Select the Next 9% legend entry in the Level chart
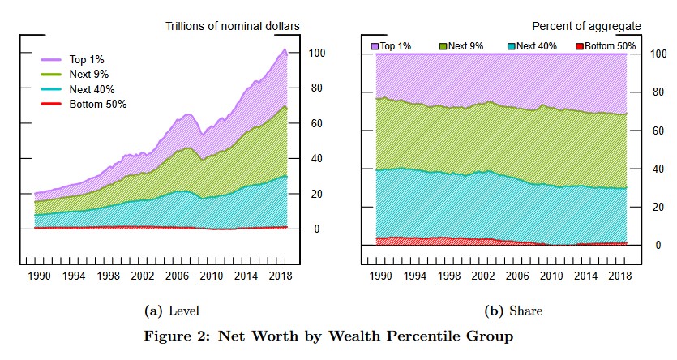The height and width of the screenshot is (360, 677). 90,75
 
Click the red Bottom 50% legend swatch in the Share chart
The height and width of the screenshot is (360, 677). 580,46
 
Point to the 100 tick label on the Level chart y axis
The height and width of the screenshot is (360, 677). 317,54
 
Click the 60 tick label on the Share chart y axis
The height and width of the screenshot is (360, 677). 658,131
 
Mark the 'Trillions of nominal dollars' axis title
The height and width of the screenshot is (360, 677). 233,27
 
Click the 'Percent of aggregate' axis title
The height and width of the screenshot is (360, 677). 586,27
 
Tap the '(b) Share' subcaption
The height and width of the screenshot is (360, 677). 502,311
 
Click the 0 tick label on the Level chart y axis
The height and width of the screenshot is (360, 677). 317,229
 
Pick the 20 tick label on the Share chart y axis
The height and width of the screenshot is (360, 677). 658,207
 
